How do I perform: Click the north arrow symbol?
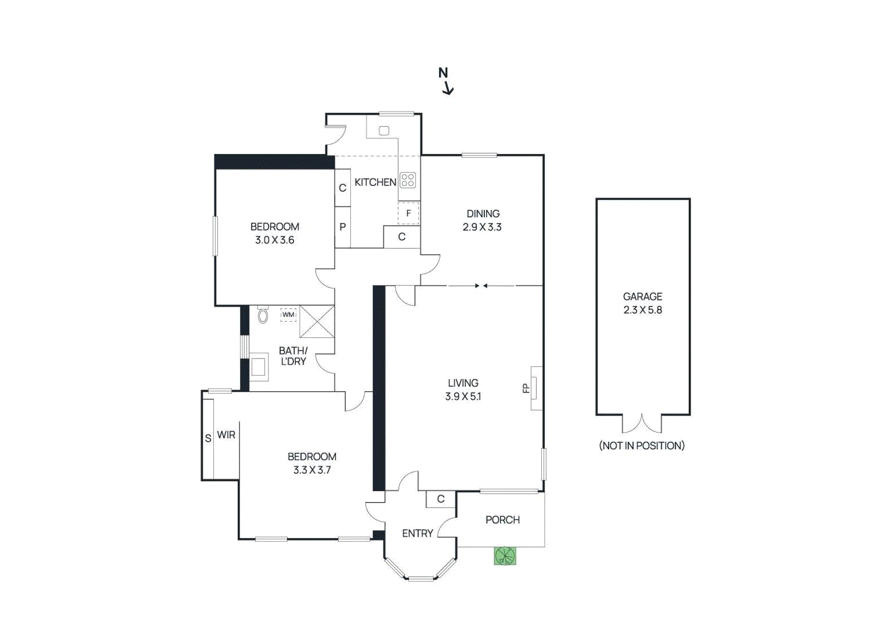pyautogui.click(x=445, y=81)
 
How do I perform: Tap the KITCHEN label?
pyautogui.click(x=375, y=182)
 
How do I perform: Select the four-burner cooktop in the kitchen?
pyautogui.click(x=408, y=180)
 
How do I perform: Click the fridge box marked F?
pyautogui.click(x=408, y=213)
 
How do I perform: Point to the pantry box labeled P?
pyautogui.click(x=342, y=227)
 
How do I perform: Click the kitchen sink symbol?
pyautogui.click(x=384, y=131)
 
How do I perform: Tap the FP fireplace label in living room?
pyautogui.click(x=526, y=388)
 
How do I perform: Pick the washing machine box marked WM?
pyautogui.click(x=288, y=314)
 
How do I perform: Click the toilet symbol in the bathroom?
pyautogui.click(x=263, y=316)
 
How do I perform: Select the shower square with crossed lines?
pyautogui.click(x=317, y=321)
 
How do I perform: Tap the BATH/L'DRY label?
pyautogui.click(x=293, y=356)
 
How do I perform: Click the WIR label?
pyautogui.click(x=226, y=435)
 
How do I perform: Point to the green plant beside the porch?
pyautogui.click(x=505, y=555)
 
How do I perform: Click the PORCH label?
pyautogui.click(x=502, y=519)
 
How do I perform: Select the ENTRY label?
pyautogui.click(x=417, y=533)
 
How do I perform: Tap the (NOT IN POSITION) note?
pyautogui.click(x=642, y=445)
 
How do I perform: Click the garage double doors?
pyautogui.click(x=642, y=424)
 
